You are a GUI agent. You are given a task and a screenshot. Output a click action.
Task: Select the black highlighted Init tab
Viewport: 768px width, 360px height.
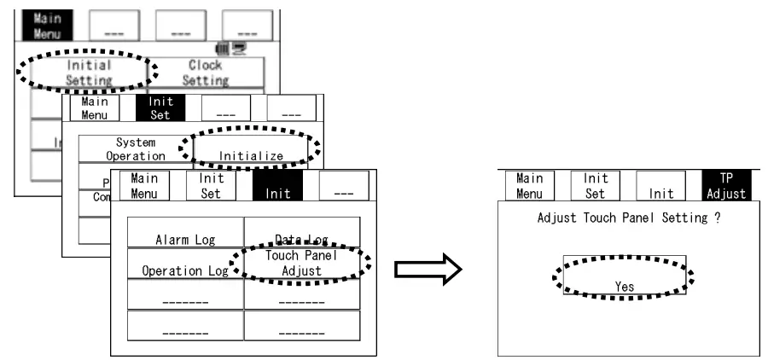277,187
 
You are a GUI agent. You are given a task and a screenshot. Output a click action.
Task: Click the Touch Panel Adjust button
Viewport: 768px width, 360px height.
301,263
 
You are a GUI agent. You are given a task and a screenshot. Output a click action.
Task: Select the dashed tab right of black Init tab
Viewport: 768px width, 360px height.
344,187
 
